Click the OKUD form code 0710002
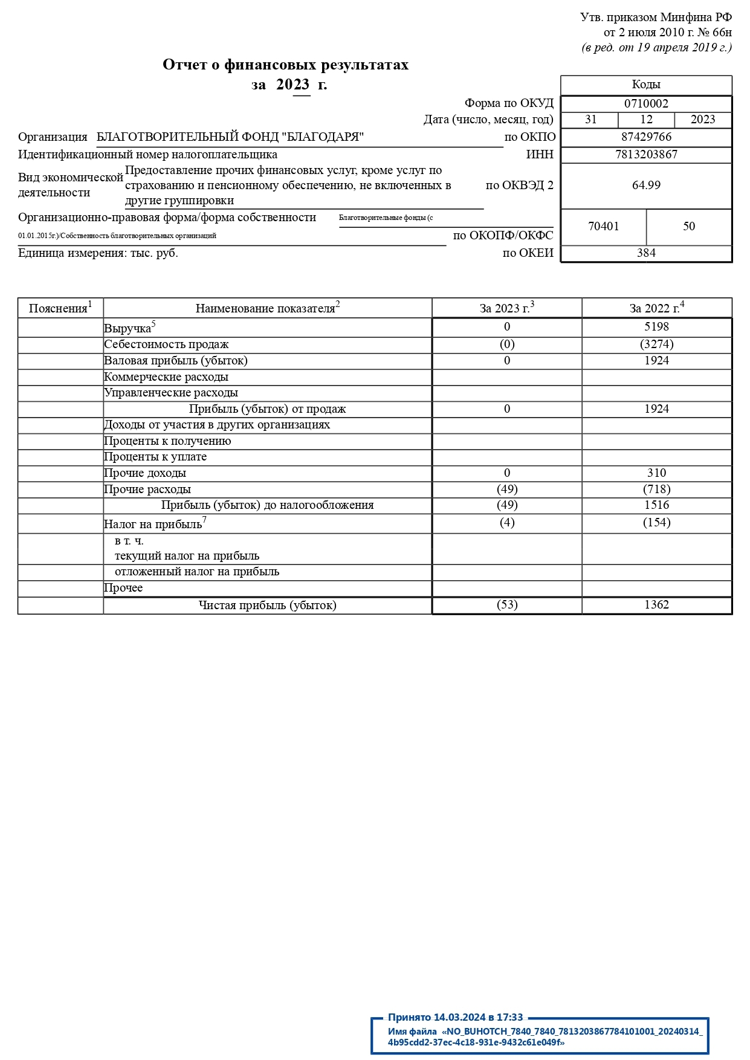[x=646, y=103]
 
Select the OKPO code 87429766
[x=646, y=137]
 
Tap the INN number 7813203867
[x=646, y=155]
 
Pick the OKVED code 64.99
[x=646, y=186]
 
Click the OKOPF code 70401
[x=603, y=227]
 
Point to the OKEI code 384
[x=646, y=253]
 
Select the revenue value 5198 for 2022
[x=656, y=327]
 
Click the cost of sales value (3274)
[x=656, y=344]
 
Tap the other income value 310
[x=656, y=473]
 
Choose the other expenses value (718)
[x=656, y=490]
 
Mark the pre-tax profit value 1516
[x=656, y=505]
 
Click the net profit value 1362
[x=656, y=605]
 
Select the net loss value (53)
[x=507, y=605]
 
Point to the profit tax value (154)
[x=656, y=523]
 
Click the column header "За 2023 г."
[x=506, y=308]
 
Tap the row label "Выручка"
[x=128, y=329]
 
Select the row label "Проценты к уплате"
[x=155, y=457]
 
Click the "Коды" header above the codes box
[x=646, y=85]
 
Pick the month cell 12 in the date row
[x=646, y=120]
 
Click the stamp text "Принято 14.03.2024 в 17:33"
[x=455, y=1018]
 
